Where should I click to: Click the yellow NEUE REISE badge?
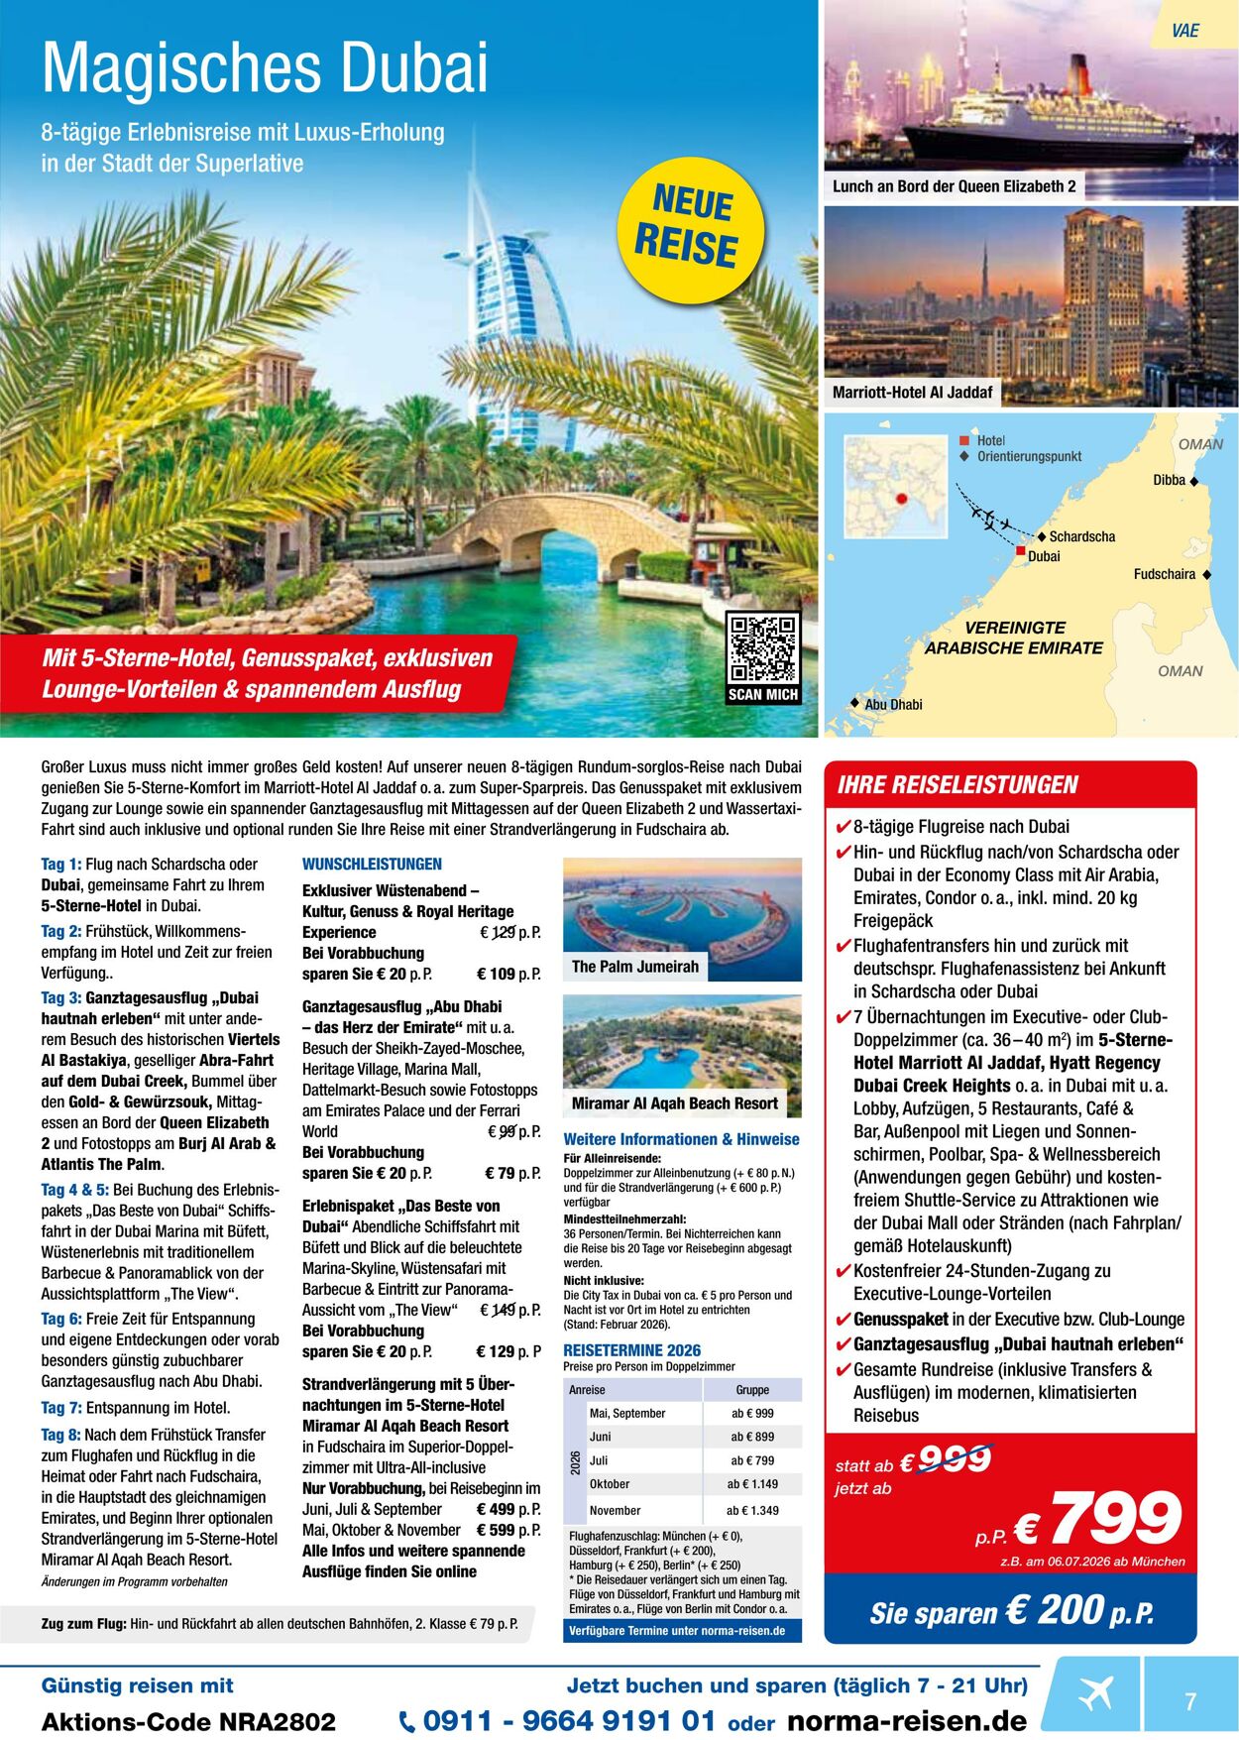point(690,228)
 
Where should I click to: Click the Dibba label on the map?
point(1170,480)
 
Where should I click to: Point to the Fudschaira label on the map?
point(1165,574)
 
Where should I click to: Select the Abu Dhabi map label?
point(893,705)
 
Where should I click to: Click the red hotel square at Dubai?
point(1020,549)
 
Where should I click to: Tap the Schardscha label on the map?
point(1081,536)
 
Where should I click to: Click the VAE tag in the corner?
point(1184,31)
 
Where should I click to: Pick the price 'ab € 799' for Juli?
point(752,1460)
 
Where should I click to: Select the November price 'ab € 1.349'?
point(752,1510)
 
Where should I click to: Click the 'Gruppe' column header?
point(752,1390)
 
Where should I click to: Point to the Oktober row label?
point(610,1484)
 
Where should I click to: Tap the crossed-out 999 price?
point(955,1459)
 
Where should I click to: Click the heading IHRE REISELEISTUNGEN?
point(957,785)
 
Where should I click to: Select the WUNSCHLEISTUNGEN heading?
point(372,865)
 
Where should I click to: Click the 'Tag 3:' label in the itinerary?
point(61,997)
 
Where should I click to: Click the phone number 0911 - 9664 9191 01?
point(569,1720)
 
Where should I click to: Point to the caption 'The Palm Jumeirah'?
point(635,967)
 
